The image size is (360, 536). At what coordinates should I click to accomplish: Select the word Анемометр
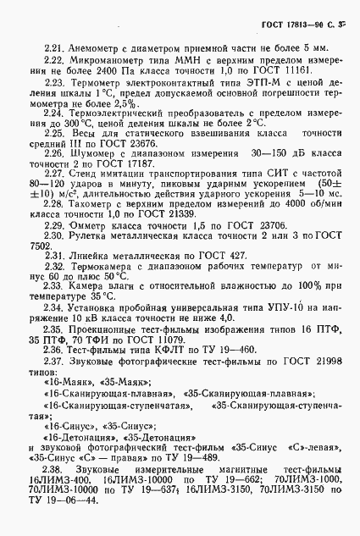point(95,46)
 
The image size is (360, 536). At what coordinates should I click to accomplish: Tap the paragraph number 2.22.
point(54,62)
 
